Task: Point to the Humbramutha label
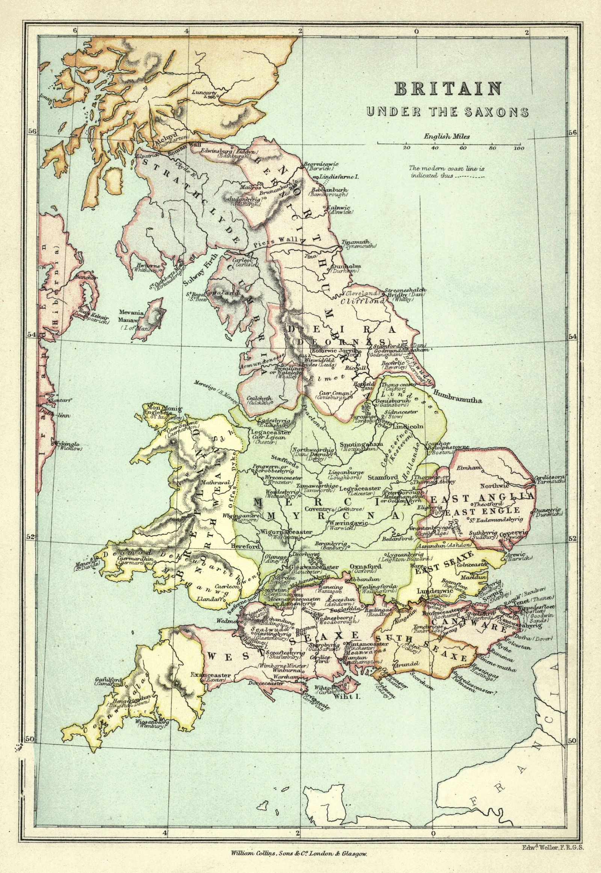pos(458,401)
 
